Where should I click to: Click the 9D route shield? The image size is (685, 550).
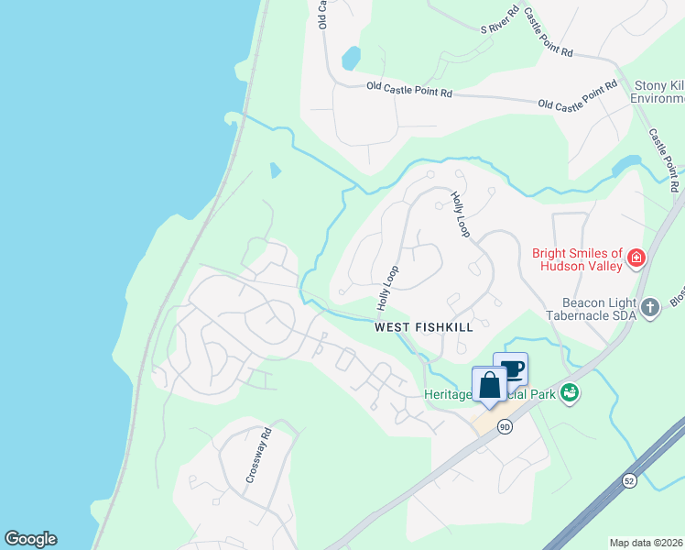tap(505, 426)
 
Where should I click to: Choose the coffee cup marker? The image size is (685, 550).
tap(511, 368)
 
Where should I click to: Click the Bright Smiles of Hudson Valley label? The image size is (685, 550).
tap(577, 259)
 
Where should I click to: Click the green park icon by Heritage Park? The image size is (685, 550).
tap(571, 392)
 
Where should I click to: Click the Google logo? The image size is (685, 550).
tap(30, 539)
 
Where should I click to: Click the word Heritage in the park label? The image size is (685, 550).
tap(447, 394)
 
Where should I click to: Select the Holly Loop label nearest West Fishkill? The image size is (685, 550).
tap(388, 287)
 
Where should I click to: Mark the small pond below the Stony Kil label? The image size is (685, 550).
tap(627, 164)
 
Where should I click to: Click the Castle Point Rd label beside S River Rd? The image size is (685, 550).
tap(549, 34)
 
